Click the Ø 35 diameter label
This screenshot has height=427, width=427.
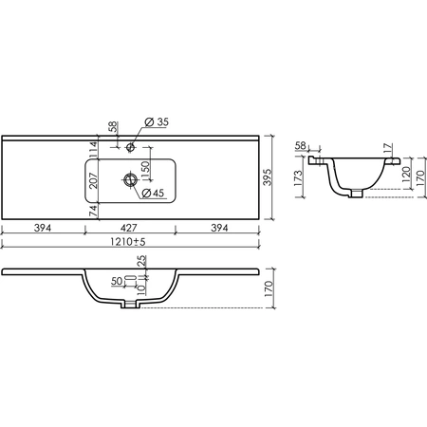tap(157, 121)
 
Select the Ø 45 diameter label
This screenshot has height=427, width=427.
tap(153, 193)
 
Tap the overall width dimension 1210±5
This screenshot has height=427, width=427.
tap(128, 242)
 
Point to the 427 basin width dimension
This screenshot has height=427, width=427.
tap(129, 228)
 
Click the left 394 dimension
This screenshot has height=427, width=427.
tap(43, 228)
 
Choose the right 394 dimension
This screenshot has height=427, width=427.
tap(219, 228)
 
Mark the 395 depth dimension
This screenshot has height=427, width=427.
tap(268, 177)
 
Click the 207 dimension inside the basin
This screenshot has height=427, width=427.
tap(94, 180)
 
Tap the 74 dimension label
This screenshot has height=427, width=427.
tap(93, 211)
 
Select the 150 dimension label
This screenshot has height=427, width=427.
tap(145, 171)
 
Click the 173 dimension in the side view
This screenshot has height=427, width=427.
tap(299, 178)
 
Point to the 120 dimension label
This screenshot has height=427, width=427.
tap(406, 174)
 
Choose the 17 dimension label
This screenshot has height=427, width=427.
tap(388, 148)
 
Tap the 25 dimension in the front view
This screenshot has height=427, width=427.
tap(142, 260)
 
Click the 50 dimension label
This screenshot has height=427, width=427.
tap(117, 281)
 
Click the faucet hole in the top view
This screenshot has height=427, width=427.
tap(130, 147)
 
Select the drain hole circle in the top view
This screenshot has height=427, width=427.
tap(130, 180)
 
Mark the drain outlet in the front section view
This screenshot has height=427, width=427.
tap(130, 305)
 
